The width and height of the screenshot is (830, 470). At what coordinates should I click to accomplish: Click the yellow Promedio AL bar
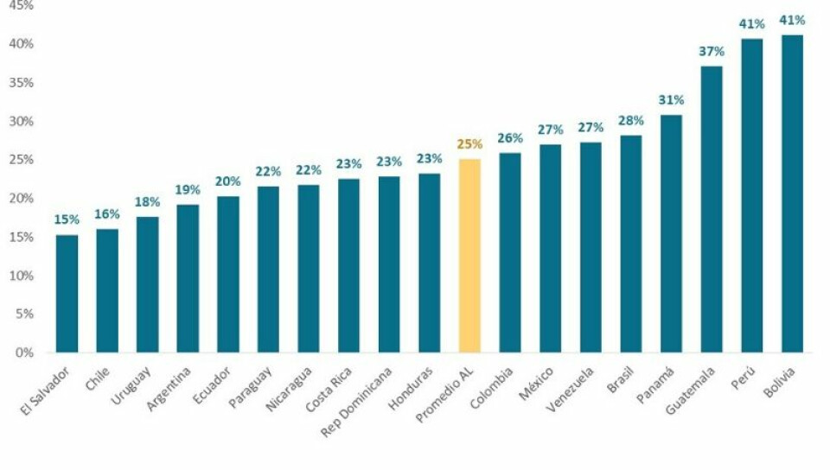[x=469, y=256]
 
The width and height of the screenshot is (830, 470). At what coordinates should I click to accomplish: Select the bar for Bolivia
[x=792, y=194]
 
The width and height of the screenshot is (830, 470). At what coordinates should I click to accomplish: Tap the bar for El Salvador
[x=67, y=294]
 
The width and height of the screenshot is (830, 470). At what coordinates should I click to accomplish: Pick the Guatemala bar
[x=712, y=209]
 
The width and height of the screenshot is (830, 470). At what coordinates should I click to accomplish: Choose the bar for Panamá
[x=671, y=233]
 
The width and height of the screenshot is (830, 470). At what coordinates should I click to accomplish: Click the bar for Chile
[x=107, y=290]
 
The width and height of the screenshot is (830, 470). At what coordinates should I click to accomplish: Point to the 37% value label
[x=712, y=52]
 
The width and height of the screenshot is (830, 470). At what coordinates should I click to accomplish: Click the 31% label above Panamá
[x=671, y=100]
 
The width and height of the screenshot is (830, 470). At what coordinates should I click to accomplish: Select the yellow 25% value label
[x=469, y=144]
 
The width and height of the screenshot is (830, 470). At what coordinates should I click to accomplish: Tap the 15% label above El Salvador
[x=67, y=220]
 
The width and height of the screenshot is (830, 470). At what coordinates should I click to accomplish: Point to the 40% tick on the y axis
[x=22, y=44]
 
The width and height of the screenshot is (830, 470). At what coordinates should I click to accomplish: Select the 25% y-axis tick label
[x=22, y=160]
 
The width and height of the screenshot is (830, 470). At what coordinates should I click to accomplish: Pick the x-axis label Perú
[x=755, y=378]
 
